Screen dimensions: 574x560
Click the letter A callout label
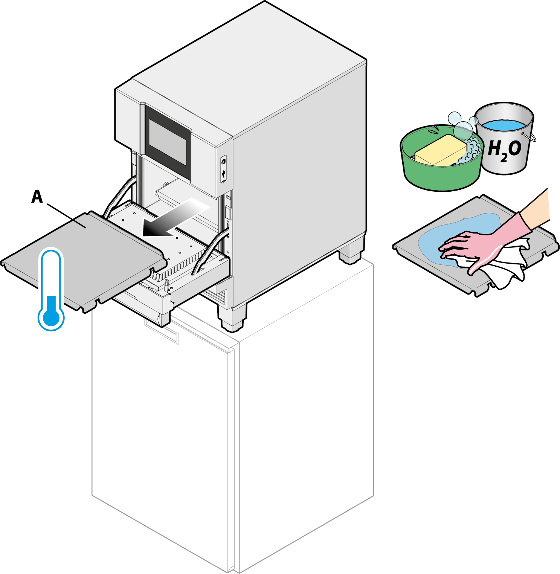pos(37,197)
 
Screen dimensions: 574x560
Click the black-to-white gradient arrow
pos(173,218)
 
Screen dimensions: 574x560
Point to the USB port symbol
pos(224,174)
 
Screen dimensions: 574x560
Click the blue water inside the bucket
pos(504,125)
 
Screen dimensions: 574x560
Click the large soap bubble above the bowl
pos(462,130)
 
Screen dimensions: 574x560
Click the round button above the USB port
pos(224,162)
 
